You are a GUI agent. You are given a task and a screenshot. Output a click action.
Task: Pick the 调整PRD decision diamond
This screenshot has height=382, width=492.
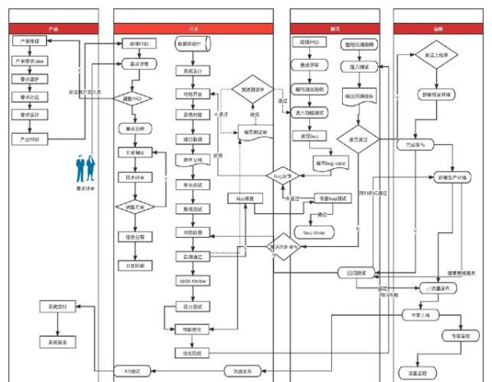tap(136, 98)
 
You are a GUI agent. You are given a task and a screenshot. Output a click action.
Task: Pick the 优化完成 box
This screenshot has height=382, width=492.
tap(191, 352)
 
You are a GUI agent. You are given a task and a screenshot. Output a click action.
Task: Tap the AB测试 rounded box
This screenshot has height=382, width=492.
tap(136, 371)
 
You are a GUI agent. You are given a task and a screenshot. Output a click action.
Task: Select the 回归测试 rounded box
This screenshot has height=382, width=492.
tap(356, 271)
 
